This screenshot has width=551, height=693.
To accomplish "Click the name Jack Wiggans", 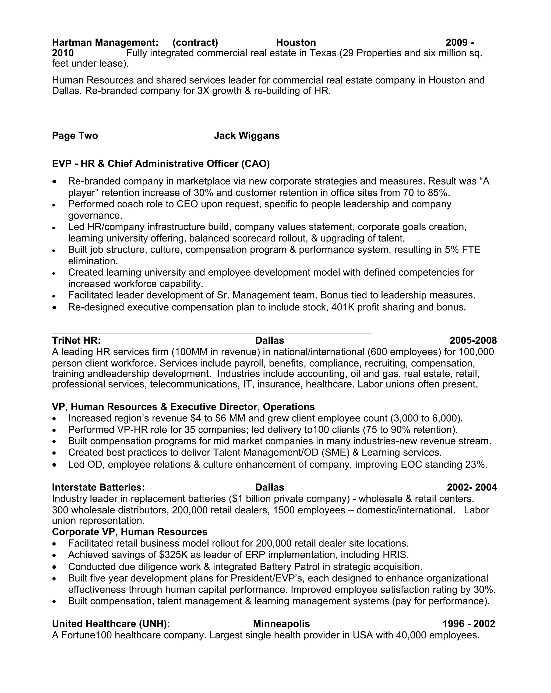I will click(246, 135).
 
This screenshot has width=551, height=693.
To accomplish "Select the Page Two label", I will click(75, 135).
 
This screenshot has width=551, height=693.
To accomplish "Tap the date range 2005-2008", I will click(473, 340).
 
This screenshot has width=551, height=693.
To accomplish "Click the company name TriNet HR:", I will click(76, 340).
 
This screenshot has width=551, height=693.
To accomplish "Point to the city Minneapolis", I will click(281, 624).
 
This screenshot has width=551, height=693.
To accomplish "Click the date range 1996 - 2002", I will click(468, 624).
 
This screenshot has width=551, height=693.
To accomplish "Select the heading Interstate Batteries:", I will click(98, 487).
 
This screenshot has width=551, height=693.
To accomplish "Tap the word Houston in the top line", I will click(296, 42).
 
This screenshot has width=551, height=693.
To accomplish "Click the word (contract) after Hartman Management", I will click(195, 42).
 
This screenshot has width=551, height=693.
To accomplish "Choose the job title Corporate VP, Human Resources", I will click(129, 532).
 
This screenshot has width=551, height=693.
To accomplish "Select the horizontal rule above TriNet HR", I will click(211, 333).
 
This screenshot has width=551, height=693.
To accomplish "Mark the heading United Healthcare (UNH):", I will click(111, 624).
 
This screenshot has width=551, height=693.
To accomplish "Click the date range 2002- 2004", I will click(472, 487).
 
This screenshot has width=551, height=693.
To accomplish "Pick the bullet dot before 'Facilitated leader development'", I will click(54, 296).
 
